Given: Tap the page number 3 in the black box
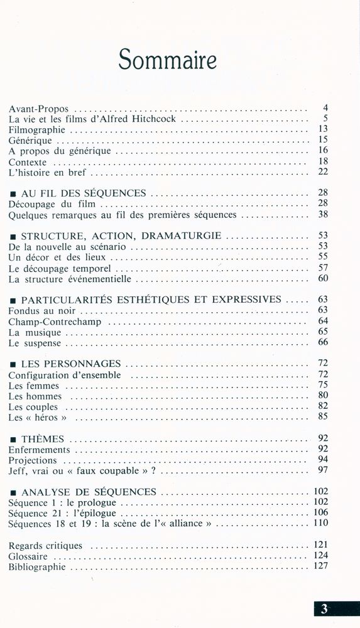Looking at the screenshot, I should click(324, 608).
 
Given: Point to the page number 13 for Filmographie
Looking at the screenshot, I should click(323, 129).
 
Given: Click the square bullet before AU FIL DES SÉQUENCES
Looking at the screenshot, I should click(13, 194).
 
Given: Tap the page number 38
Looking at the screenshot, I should click(323, 214).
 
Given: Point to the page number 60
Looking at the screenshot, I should click(323, 278).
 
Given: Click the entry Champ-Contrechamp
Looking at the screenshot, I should click(55, 321).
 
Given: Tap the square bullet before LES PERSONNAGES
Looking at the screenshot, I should click(13, 364).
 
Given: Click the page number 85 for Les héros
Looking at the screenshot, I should click(323, 416).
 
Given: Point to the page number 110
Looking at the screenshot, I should click(320, 523).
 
